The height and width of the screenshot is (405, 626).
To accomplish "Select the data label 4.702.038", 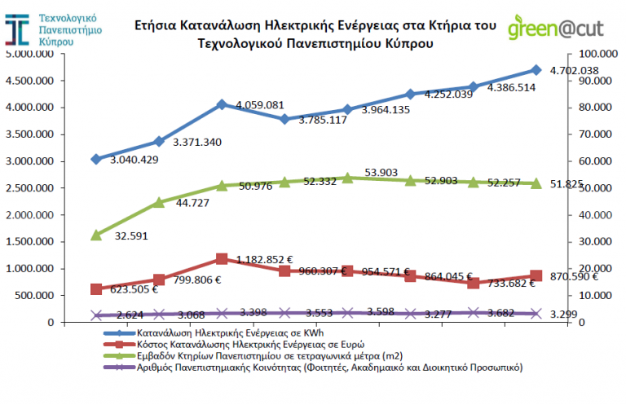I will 575,71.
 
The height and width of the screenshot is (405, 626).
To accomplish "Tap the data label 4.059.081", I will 259,105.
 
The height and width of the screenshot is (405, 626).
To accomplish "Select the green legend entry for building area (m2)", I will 269,356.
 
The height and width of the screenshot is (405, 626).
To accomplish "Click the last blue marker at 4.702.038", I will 536,70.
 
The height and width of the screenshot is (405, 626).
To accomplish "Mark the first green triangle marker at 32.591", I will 96,235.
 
